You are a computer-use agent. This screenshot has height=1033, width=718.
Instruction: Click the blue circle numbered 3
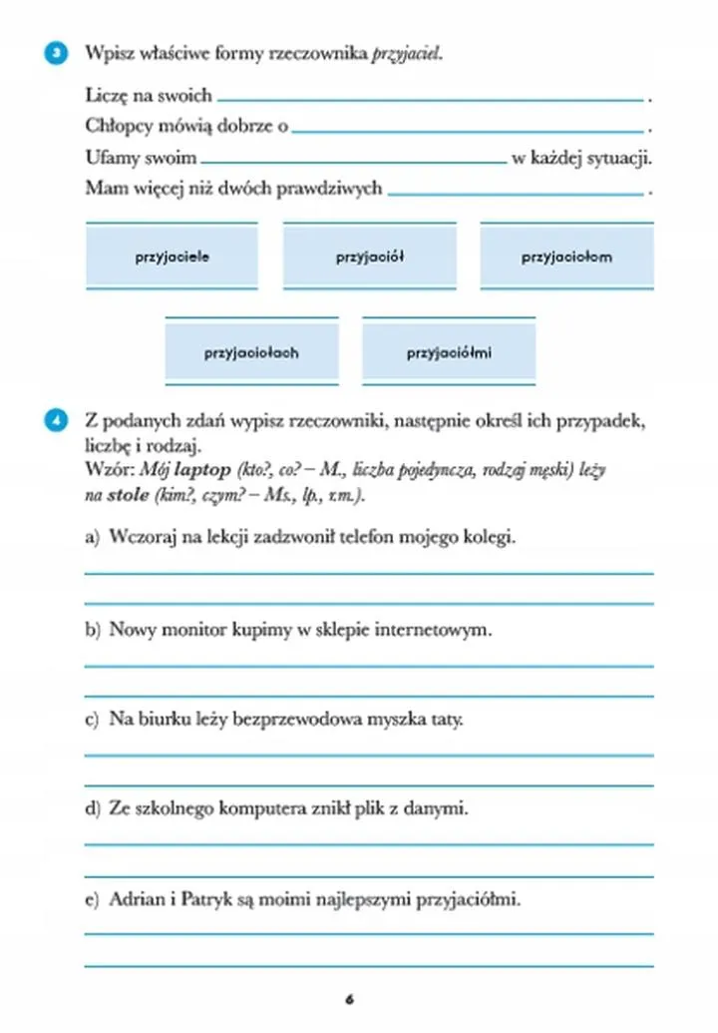tap(57, 53)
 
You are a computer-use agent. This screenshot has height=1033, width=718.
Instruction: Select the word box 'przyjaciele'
tap(172, 257)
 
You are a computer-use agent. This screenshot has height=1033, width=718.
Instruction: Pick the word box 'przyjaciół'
tap(369, 257)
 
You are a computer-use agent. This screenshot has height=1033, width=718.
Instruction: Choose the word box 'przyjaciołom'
tap(566, 257)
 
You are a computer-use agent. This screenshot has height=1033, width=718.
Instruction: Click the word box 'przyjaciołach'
tap(251, 352)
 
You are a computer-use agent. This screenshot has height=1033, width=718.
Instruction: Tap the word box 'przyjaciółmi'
tap(449, 352)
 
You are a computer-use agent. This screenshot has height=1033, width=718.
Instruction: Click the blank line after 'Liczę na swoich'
tap(430, 98)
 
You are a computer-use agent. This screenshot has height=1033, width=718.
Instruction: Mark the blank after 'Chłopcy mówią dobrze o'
tap(468, 129)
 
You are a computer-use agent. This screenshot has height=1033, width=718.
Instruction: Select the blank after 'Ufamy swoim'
tap(353, 160)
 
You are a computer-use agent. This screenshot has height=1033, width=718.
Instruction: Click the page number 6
tap(350, 998)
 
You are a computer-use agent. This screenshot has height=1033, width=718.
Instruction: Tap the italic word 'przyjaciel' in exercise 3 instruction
tap(406, 53)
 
